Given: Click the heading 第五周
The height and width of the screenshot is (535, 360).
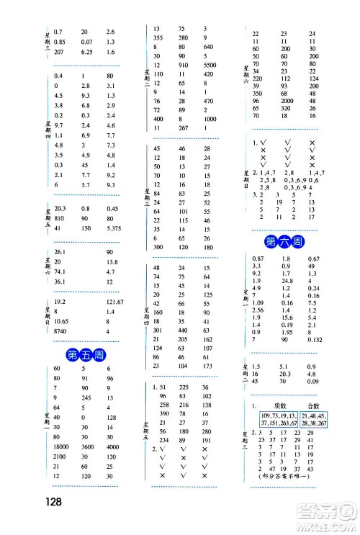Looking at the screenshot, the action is (x=81, y=354).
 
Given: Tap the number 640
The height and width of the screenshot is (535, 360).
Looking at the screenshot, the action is (x=208, y=47).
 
